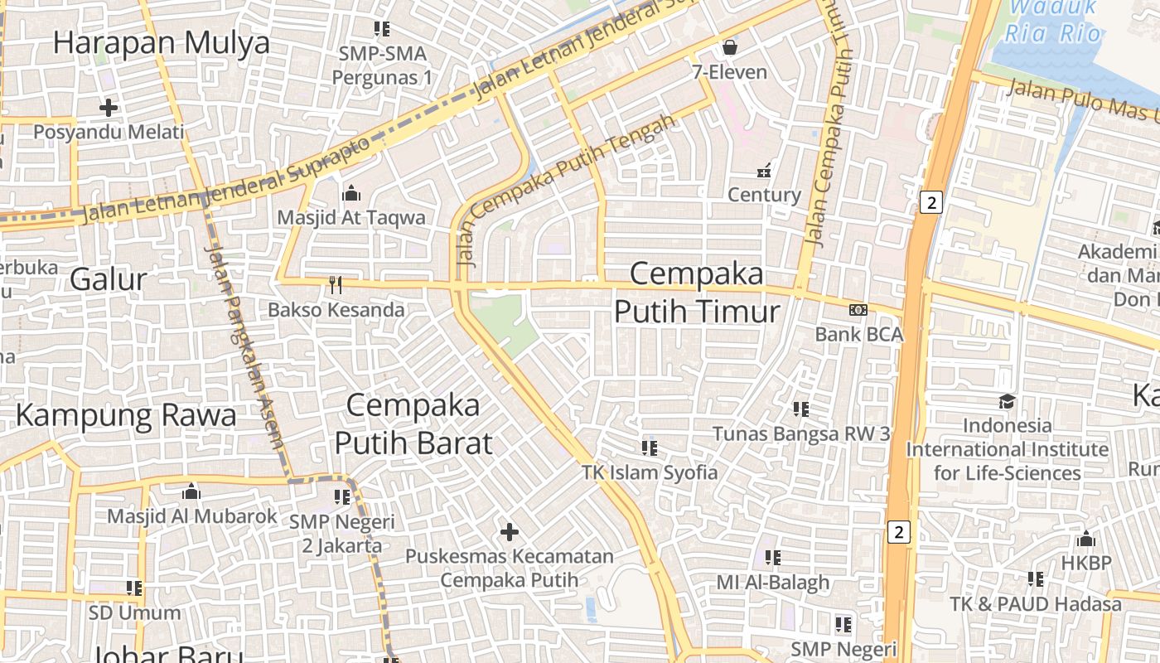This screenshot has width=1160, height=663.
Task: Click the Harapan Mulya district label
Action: point(162,42)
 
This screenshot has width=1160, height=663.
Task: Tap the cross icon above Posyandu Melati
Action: point(109,108)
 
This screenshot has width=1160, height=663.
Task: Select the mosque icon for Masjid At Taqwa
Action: point(350,193)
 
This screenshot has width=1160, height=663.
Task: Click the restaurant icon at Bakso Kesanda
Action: point(335,286)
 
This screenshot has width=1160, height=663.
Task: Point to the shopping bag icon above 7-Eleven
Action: point(730,46)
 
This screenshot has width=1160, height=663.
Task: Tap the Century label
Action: point(764,195)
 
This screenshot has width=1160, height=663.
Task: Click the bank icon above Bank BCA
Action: point(858,310)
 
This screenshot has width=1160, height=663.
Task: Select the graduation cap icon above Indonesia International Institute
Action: point(1007,402)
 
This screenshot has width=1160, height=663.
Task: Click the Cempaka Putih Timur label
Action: point(697,292)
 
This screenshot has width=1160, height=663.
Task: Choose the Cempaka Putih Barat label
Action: point(413,423)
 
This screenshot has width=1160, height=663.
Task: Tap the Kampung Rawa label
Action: point(126,414)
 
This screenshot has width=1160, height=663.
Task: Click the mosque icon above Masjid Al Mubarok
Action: point(191,491)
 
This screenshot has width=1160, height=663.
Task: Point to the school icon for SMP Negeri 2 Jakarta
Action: point(342,497)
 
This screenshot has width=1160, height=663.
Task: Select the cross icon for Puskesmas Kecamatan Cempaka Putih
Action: point(510,531)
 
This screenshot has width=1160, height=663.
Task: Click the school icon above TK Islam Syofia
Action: point(650,448)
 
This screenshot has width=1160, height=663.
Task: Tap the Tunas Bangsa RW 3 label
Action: point(801,433)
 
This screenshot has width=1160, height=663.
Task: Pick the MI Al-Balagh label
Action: point(773,582)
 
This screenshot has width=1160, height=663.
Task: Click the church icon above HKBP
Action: point(1086,540)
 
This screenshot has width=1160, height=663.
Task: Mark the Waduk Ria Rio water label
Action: point(1052,21)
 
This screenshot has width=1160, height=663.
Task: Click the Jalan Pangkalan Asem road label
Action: point(246,348)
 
